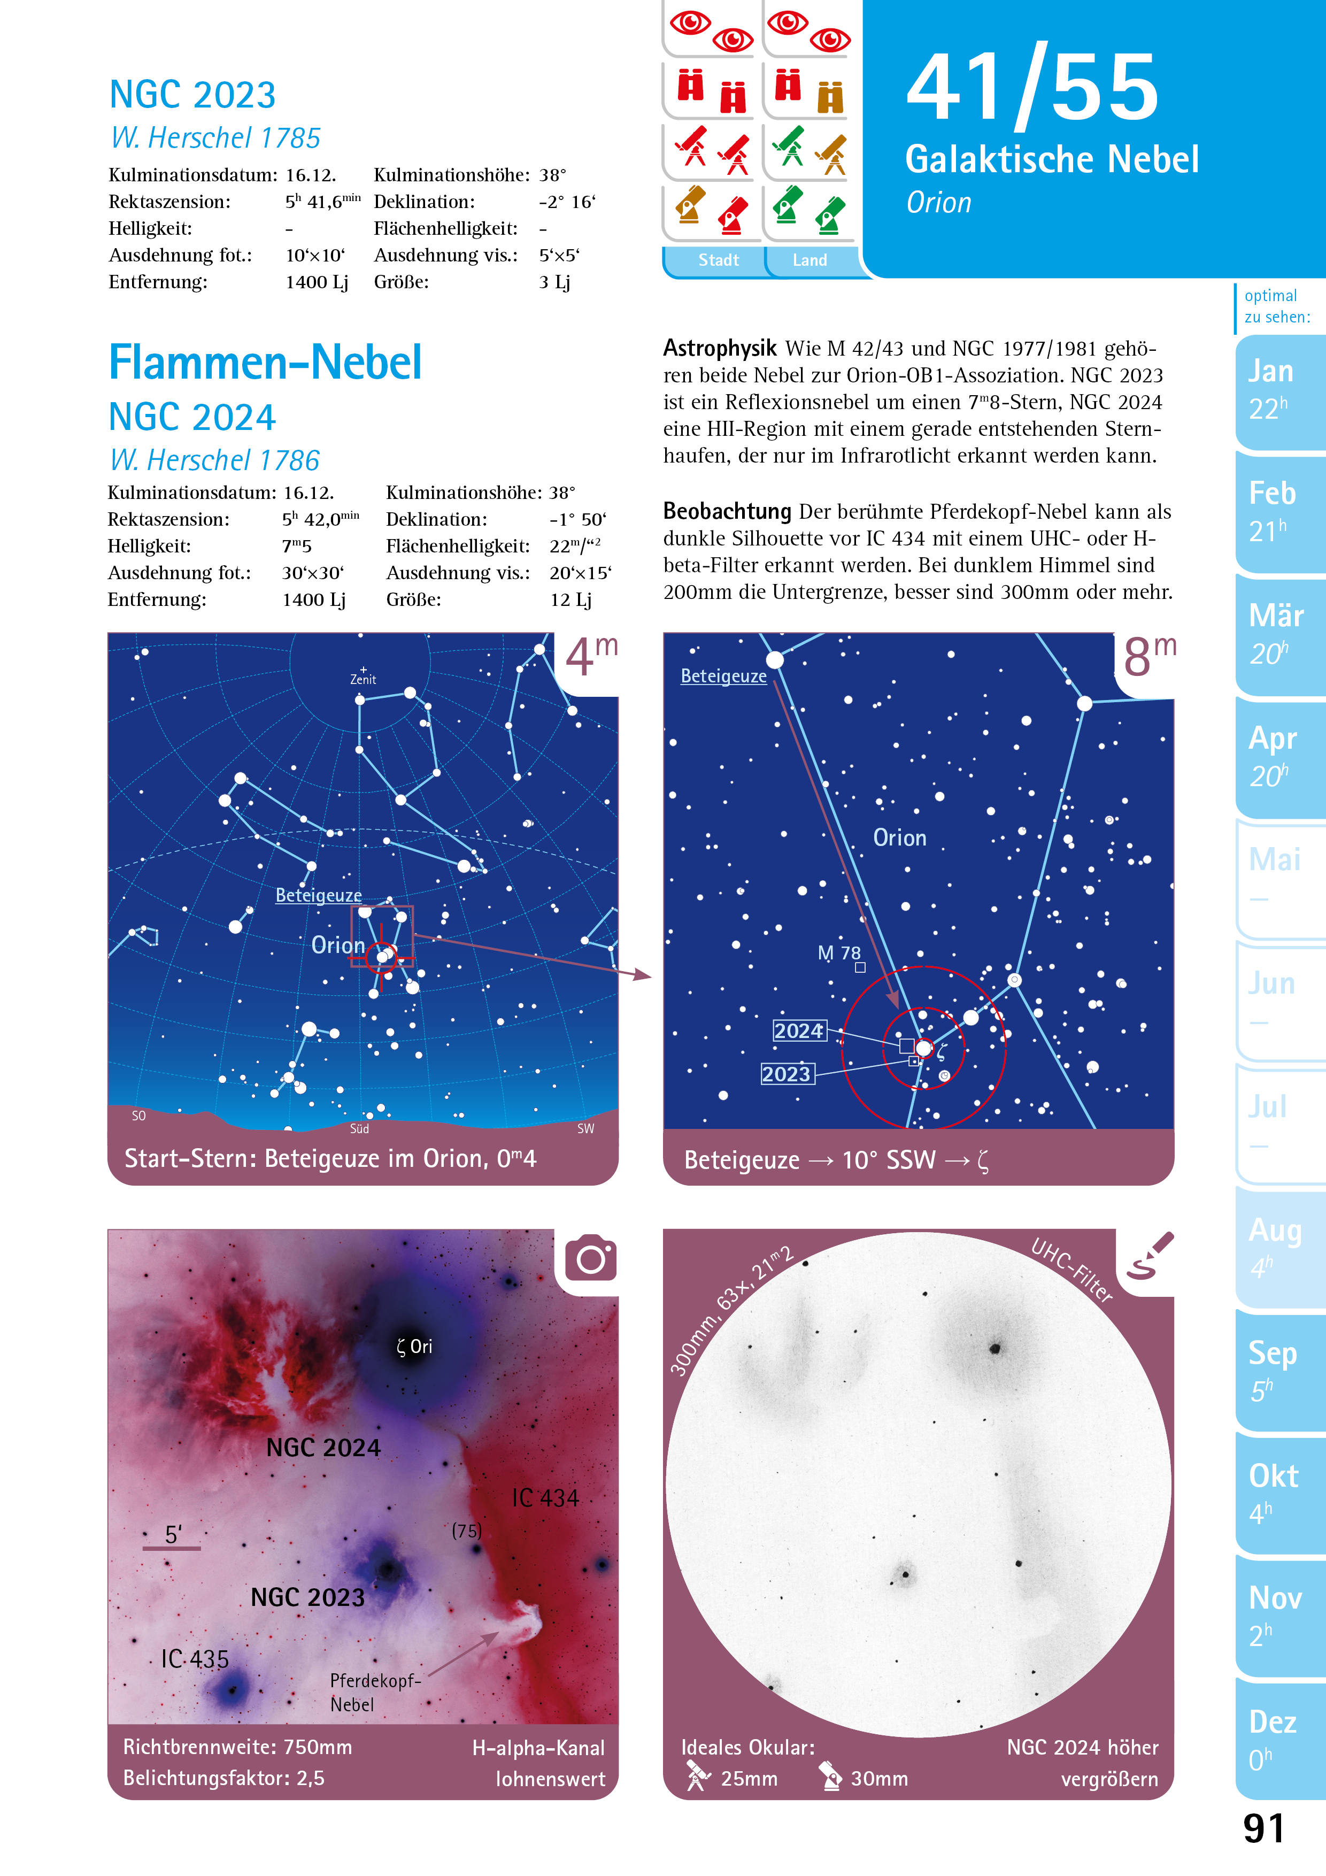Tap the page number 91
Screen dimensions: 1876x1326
tap(1263, 1828)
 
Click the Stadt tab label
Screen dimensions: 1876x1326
tap(718, 260)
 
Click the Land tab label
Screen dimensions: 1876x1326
tap(810, 260)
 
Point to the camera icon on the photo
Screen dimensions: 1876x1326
tap(591, 1259)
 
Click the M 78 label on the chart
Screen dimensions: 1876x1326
tap(839, 953)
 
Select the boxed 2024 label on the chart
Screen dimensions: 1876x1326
tap(799, 1031)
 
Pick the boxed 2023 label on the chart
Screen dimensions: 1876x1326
tap(787, 1074)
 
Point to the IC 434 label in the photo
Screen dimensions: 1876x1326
tap(545, 1498)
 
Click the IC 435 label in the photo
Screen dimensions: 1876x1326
tap(195, 1659)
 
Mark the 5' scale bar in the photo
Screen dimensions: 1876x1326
tap(172, 1548)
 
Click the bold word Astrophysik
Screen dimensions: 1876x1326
tap(719, 349)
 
